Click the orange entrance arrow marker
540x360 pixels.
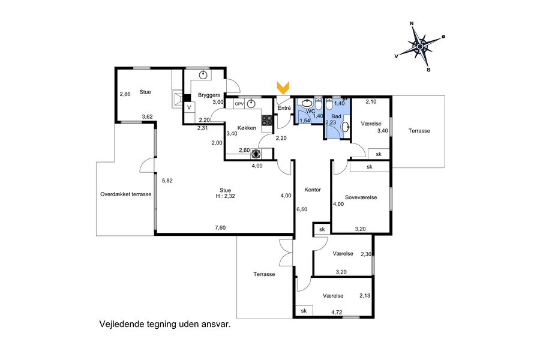[283, 88]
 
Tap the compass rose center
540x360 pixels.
[420, 46]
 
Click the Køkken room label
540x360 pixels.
[247, 128]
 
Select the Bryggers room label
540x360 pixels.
[209, 95]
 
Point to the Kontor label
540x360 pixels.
[313, 190]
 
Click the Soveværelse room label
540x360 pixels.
[361, 197]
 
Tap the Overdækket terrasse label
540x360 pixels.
[126, 194]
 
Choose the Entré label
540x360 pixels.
[284, 108]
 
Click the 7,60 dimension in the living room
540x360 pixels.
[220, 228]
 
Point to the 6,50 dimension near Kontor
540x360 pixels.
[302, 209]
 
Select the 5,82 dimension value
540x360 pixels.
[167, 181]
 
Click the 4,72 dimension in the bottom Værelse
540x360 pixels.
[337, 313]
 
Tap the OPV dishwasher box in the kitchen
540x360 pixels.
[239, 104]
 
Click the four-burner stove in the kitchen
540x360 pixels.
[267, 120]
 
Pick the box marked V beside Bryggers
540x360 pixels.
[189, 107]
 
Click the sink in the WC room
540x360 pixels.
[307, 103]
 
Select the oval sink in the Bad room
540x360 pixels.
[346, 127]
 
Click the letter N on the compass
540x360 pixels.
[411, 23]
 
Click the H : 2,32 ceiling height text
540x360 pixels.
[225, 196]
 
